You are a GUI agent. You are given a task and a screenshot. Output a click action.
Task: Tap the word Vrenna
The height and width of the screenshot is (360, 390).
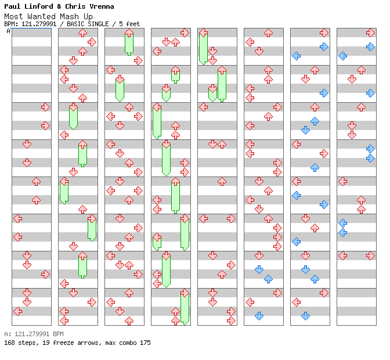(x=101, y=6)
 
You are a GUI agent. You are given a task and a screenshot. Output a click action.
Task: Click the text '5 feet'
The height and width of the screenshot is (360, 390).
(x=129, y=24)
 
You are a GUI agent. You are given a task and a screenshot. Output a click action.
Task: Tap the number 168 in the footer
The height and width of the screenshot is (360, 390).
(x=9, y=343)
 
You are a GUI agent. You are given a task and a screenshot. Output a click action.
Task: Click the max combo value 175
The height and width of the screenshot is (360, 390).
(x=144, y=343)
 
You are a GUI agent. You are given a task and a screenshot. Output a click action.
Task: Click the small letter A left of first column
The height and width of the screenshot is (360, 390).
(x=8, y=31)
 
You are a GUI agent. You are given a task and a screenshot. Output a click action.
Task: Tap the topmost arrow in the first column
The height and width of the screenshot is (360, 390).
(x=45, y=107)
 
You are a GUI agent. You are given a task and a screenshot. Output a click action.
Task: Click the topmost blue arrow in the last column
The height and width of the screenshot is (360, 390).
(x=370, y=46)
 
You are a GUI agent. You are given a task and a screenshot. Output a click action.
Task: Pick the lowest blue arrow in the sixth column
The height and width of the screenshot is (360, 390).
(x=259, y=316)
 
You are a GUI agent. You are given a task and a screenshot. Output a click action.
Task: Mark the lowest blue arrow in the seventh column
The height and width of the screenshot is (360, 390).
(x=305, y=316)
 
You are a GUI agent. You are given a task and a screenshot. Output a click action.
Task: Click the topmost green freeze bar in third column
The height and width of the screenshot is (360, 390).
(x=129, y=43)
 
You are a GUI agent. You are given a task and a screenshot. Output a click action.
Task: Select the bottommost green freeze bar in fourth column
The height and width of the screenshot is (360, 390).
(x=185, y=308)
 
